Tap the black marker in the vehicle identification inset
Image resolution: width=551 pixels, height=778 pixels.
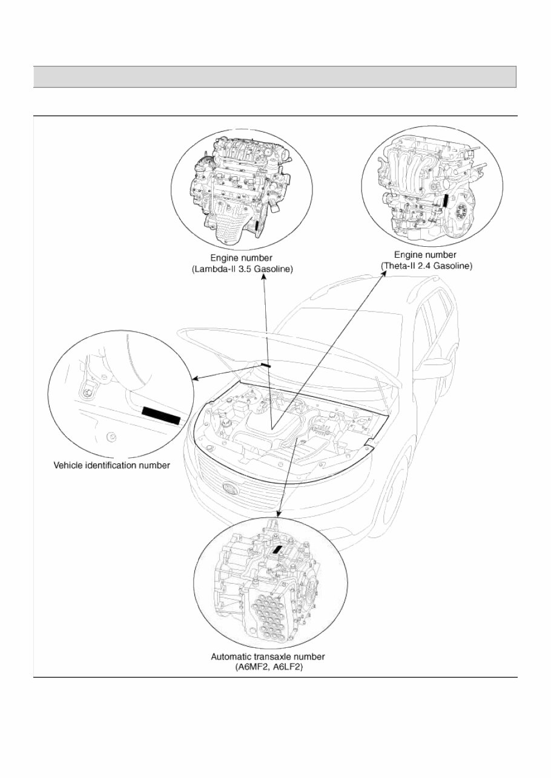[161, 416]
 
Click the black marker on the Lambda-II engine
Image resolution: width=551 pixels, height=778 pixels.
[257, 225]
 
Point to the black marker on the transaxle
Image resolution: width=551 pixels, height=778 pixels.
[277, 549]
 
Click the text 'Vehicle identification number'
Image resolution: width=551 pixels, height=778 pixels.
[112, 465]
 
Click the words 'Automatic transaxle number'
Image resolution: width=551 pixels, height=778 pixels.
[268, 656]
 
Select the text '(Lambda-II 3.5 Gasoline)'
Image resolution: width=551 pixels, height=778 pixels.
[242, 270]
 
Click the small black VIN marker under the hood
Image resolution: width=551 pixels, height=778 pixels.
[266, 365]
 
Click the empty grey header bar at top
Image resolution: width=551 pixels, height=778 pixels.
[274, 77]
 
